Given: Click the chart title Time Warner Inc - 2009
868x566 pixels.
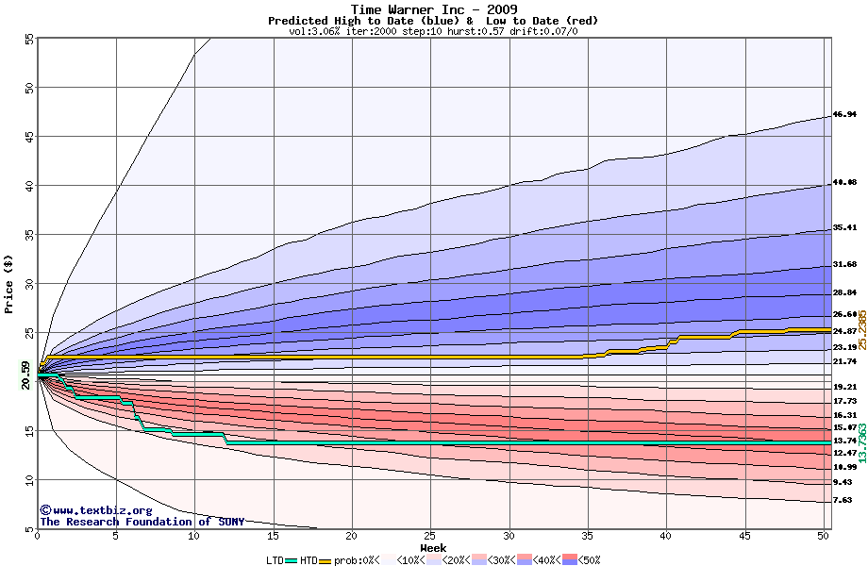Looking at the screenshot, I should coord(433,9).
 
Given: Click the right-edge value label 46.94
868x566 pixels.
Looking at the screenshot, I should coord(843,115).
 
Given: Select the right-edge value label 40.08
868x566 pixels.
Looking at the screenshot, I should coord(843,183).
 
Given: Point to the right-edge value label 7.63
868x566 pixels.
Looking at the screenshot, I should coord(843,501).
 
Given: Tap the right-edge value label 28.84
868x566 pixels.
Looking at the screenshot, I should coord(843,293).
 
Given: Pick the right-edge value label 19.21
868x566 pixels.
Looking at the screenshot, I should coord(843,387).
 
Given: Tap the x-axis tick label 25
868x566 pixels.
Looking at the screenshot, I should coord(430,536).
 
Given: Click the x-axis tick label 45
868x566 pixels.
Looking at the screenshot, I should coord(744,536).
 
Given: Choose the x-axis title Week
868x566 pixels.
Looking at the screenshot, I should coord(433,547).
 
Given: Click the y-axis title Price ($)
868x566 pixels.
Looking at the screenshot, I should coord(9,283).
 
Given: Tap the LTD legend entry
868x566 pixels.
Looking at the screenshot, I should coord(275,560).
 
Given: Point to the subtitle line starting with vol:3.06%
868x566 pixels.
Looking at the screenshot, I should coord(433,31).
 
